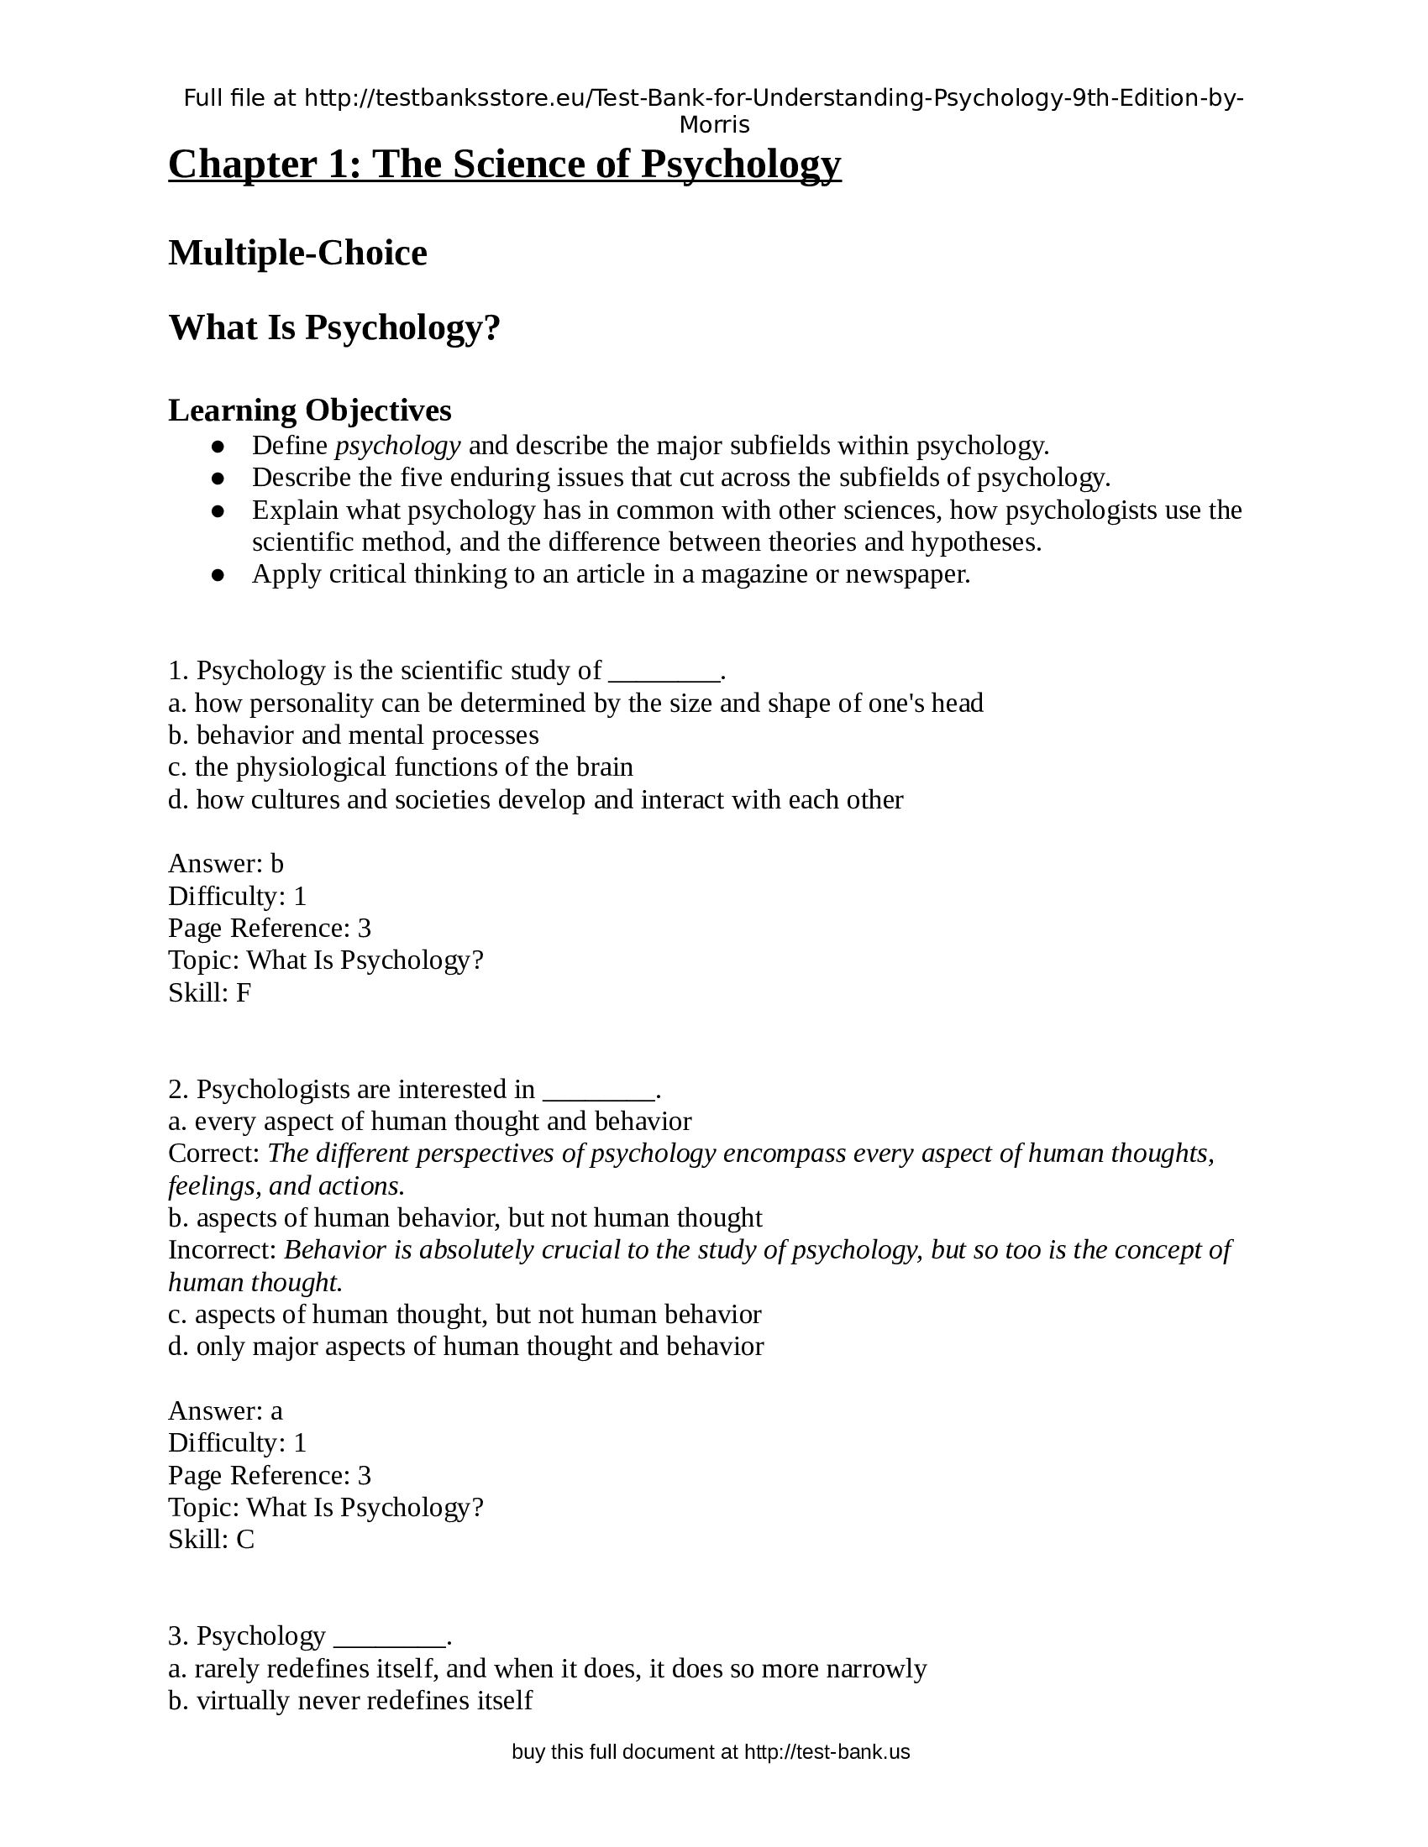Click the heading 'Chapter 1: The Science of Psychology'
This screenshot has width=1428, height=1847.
tap(504, 164)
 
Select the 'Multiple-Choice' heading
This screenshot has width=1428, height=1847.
tap(298, 253)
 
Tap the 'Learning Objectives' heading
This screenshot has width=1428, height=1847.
tap(310, 411)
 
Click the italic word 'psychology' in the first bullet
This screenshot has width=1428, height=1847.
tap(397, 445)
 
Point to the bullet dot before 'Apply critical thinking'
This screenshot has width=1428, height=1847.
tap(218, 575)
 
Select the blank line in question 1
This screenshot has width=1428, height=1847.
tap(664, 672)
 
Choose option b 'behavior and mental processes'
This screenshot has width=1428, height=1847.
tap(354, 735)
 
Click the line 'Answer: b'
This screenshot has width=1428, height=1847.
tap(226, 863)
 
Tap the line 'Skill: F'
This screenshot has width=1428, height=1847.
tap(210, 993)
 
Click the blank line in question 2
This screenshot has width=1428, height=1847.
tap(598, 1091)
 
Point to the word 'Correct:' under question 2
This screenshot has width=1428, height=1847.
tap(214, 1154)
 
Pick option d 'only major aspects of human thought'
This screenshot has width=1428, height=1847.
tap(466, 1347)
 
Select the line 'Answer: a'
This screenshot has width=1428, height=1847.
tap(226, 1410)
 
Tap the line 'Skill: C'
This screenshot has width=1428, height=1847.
tap(212, 1539)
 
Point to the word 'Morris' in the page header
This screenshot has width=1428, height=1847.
tap(714, 125)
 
